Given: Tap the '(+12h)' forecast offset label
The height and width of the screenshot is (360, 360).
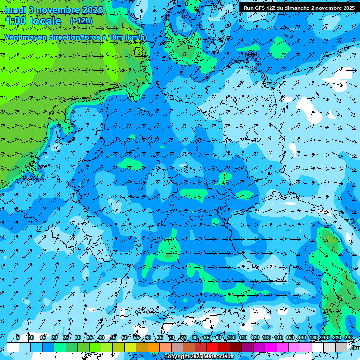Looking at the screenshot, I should [x=81, y=21].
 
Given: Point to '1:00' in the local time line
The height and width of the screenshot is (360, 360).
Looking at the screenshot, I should [x=15, y=21].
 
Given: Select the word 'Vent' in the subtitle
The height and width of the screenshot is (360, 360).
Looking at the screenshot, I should [x=13, y=37].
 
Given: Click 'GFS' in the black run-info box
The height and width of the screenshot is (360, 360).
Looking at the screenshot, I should [x=259, y=8].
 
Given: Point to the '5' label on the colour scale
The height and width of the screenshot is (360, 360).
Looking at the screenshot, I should [x=17, y=338].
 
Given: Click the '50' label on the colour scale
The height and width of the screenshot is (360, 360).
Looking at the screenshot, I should [x=125, y=338].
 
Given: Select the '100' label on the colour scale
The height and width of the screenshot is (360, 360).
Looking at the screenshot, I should [x=231, y=338].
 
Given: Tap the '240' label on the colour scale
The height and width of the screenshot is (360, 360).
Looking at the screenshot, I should [x=348, y=338].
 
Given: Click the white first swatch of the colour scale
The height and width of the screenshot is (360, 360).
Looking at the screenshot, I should [x=13, y=347].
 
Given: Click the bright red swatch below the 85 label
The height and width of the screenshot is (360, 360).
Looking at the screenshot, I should [x=212, y=347].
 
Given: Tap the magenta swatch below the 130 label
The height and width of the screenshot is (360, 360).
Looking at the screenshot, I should [x=271, y=347].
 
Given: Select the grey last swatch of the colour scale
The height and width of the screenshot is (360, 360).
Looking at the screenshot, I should [x=341, y=347].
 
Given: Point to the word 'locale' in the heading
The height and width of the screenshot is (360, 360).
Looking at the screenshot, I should [x=45, y=21].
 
